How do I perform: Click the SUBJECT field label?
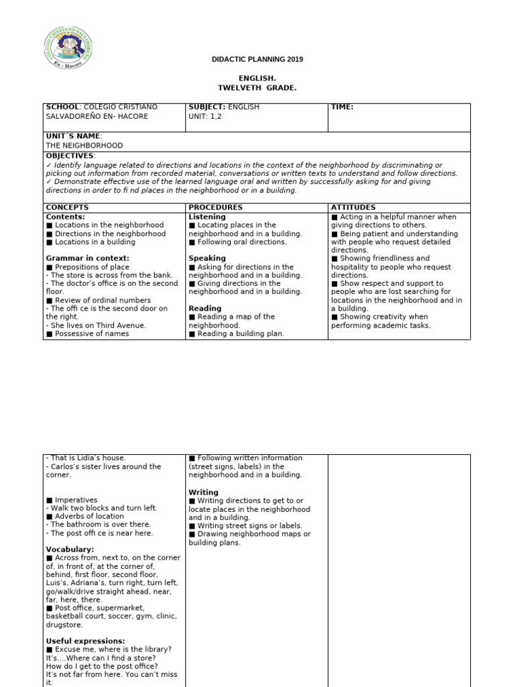(x=207, y=107)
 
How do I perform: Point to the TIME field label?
(x=342, y=107)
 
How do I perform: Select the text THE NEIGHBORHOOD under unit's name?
(x=84, y=145)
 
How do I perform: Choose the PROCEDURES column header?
(x=215, y=208)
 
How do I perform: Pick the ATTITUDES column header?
(x=353, y=208)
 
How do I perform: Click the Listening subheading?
(x=207, y=217)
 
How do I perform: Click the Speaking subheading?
(x=207, y=258)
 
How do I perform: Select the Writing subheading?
(x=203, y=492)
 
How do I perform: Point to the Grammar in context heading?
(x=87, y=258)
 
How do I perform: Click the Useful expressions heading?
(x=85, y=641)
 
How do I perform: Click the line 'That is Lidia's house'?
(x=86, y=458)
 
